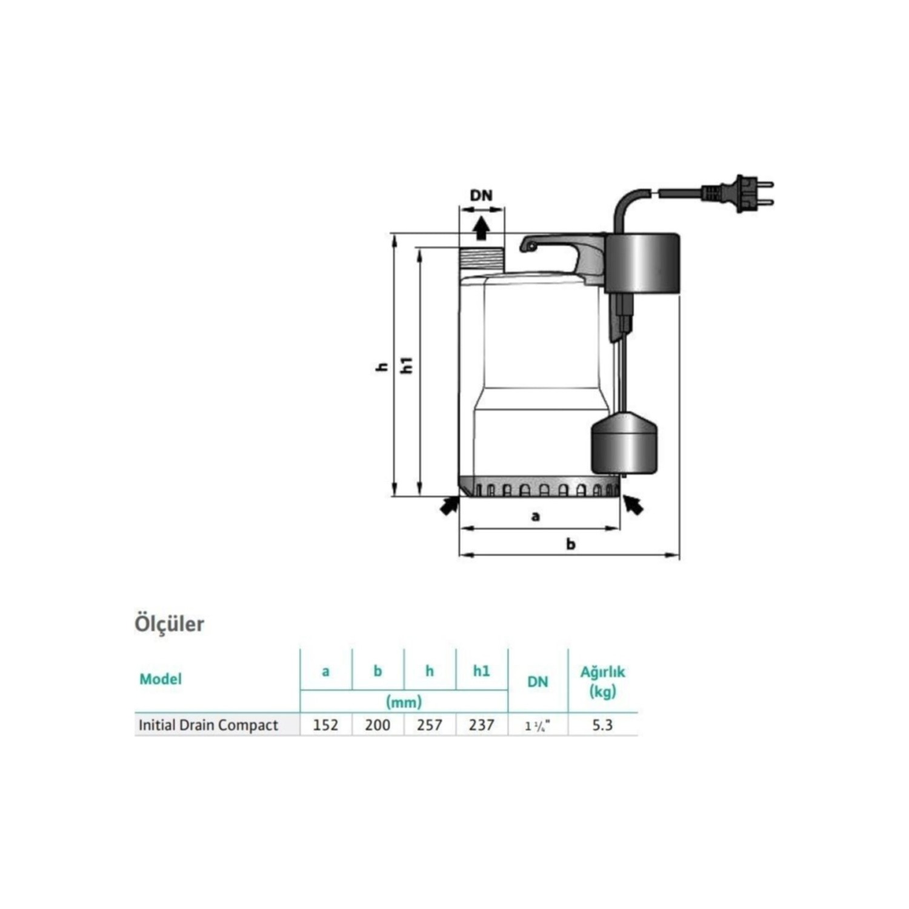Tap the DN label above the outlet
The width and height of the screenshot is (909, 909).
pyautogui.click(x=481, y=195)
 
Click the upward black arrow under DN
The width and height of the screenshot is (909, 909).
pyautogui.click(x=481, y=228)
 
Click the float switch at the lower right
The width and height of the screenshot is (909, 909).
pyautogui.click(x=624, y=442)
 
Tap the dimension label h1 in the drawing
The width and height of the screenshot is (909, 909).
pyautogui.click(x=408, y=365)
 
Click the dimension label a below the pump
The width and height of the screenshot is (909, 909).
pyautogui.click(x=535, y=516)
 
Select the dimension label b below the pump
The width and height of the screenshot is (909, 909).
pyautogui.click(x=570, y=544)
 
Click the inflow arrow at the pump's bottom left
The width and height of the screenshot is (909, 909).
pyautogui.click(x=449, y=505)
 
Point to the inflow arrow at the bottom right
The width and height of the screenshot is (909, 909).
pyautogui.click(x=633, y=504)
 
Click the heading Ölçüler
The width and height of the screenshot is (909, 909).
pyautogui.click(x=169, y=624)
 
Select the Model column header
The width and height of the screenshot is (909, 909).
pyautogui.click(x=161, y=679)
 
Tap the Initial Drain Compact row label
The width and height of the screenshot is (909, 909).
pyautogui.click(x=208, y=725)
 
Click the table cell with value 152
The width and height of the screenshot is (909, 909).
pyautogui.click(x=325, y=725)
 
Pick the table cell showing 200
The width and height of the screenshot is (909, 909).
pyautogui.click(x=378, y=725)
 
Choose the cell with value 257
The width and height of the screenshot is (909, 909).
pyautogui.click(x=429, y=725)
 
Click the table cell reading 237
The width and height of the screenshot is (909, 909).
pyautogui.click(x=481, y=725)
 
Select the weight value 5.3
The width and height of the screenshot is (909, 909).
pyautogui.click(x=602, y=725)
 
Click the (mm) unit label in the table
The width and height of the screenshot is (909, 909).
pyautogui.click(x=404, y=702)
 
